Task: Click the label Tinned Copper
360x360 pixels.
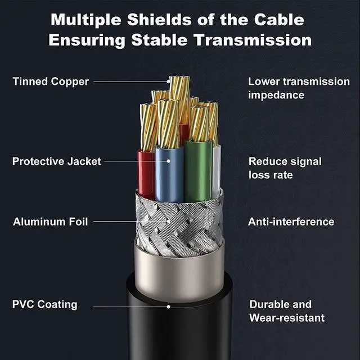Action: point(51,82)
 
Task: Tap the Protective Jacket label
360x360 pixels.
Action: point(57,161)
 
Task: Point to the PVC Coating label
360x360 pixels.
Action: point(45,305)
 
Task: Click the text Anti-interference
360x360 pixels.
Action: point(291,222)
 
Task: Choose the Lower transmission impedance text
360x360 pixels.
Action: point(299,88)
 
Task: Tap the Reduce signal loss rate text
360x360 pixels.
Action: point(285,168)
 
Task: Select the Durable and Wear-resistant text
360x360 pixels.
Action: point(287,311)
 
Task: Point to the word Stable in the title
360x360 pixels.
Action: point(174,40)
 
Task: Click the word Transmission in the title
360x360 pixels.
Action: point(261,40)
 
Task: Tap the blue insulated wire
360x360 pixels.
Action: point(169,174)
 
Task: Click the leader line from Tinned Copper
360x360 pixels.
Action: point(129,82)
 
